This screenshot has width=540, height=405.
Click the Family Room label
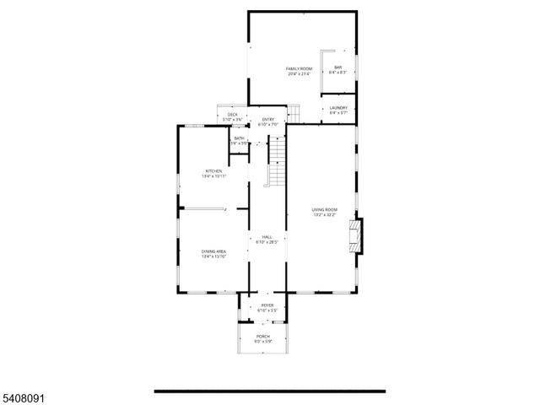pyautogui.click(x=299, y=68)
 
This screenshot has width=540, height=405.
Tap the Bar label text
pyautogui.click(x=337, y=67)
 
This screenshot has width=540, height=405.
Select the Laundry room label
pyautogui.click(x=338, y=108)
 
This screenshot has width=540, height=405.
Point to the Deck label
pyautogui.click(x=232, y=115)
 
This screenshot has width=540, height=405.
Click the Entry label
pyautogui.click(x=268, y=120)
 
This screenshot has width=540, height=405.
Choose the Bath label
pyautogui.click(x=240, y=138)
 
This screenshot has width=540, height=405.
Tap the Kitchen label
pyautogui.click(x=213, y=171)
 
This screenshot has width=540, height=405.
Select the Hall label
pyautogui.click(x=267, y=237)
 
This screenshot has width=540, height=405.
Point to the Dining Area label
pyautogui.click(x=213, y=251)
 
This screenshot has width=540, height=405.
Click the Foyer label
pyautogui.click(x=267, y=305)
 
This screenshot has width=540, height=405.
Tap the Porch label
pyautogui.click(x=263, y=337)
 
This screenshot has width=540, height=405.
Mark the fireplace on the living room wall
pyautogui.click(x=357, y=235)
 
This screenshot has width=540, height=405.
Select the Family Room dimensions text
pyautogui.click(x=299, y=74)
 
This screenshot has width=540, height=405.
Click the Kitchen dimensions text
pyautogui.click(x=213, y=176)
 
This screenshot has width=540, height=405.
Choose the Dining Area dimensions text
pyautogui.click(x=213, y=256)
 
